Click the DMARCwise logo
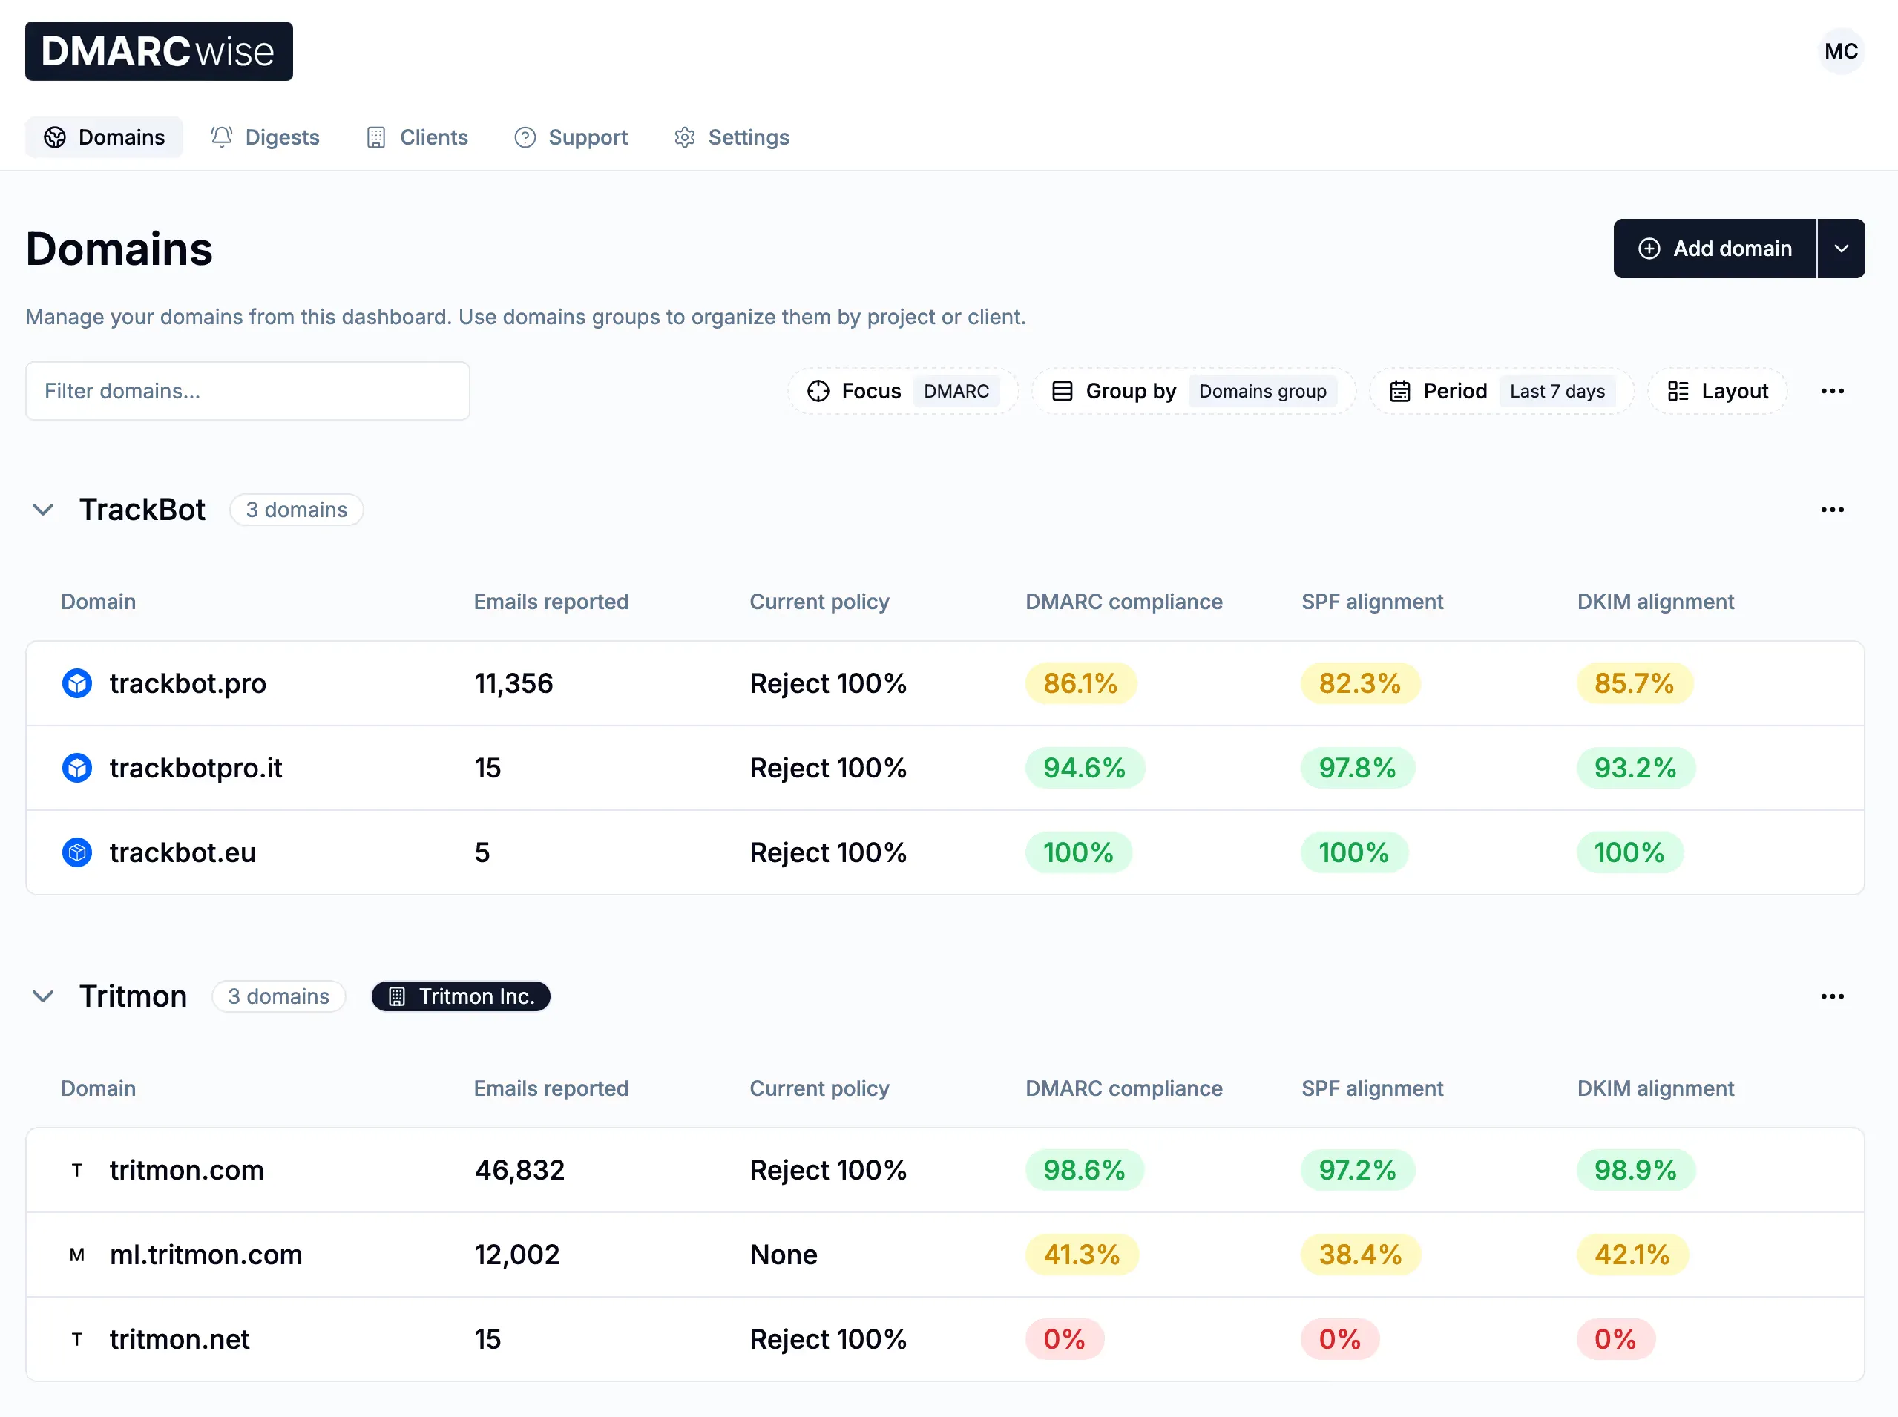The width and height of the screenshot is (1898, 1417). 159,51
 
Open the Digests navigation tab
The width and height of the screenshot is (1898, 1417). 265,137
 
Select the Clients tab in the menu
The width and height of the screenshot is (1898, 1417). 418,137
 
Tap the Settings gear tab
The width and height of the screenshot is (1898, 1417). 732,137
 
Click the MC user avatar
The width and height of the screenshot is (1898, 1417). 1841,51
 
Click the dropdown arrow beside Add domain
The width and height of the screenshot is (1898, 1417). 1841,249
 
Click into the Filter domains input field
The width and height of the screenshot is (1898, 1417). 247,391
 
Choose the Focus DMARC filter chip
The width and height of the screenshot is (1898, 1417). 902,391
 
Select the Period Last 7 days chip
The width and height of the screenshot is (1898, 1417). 1501,391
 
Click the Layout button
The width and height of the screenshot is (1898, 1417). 1718,391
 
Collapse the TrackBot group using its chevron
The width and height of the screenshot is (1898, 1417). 43,510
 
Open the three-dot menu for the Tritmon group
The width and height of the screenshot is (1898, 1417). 1832,996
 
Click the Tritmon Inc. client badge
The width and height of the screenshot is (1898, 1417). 461,996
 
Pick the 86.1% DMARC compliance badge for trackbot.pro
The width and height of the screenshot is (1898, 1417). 1080,683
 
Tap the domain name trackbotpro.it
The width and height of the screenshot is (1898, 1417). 196,768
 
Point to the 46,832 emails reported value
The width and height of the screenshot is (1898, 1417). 519,1170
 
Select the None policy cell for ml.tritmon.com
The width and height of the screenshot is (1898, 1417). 783,1254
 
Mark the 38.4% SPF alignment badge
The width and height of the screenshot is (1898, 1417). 1359,1254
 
